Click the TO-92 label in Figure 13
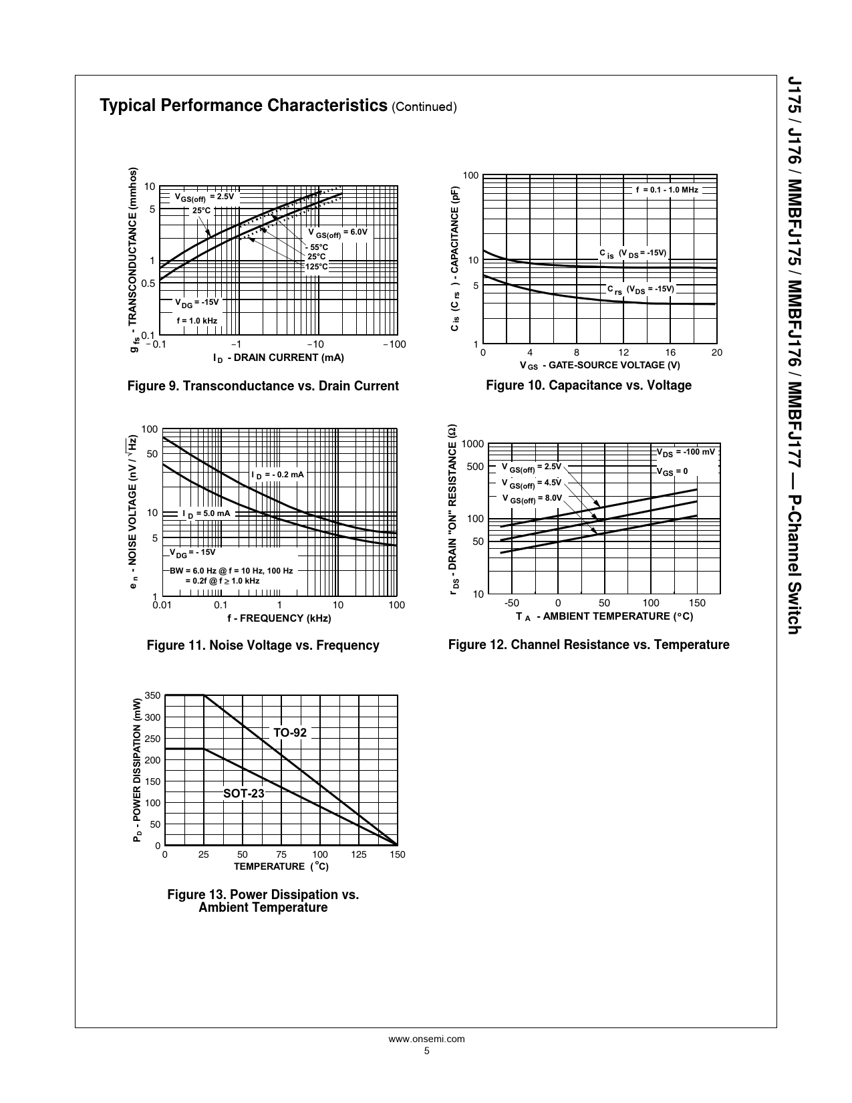290,733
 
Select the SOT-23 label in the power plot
243,793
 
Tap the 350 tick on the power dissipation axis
152,696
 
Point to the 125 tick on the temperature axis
359,854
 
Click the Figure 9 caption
263,386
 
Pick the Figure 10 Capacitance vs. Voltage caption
588,385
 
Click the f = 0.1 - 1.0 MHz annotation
666,190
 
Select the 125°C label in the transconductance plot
317,267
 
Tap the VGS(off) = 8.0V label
532,498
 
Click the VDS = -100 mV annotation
685,452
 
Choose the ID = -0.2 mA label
277,475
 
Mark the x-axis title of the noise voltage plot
279,618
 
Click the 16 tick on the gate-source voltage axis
670,352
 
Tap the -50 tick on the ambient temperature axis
511,602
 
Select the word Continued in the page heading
424,107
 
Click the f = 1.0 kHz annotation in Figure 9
196,321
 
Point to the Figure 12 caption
588,644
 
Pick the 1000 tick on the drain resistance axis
472,445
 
